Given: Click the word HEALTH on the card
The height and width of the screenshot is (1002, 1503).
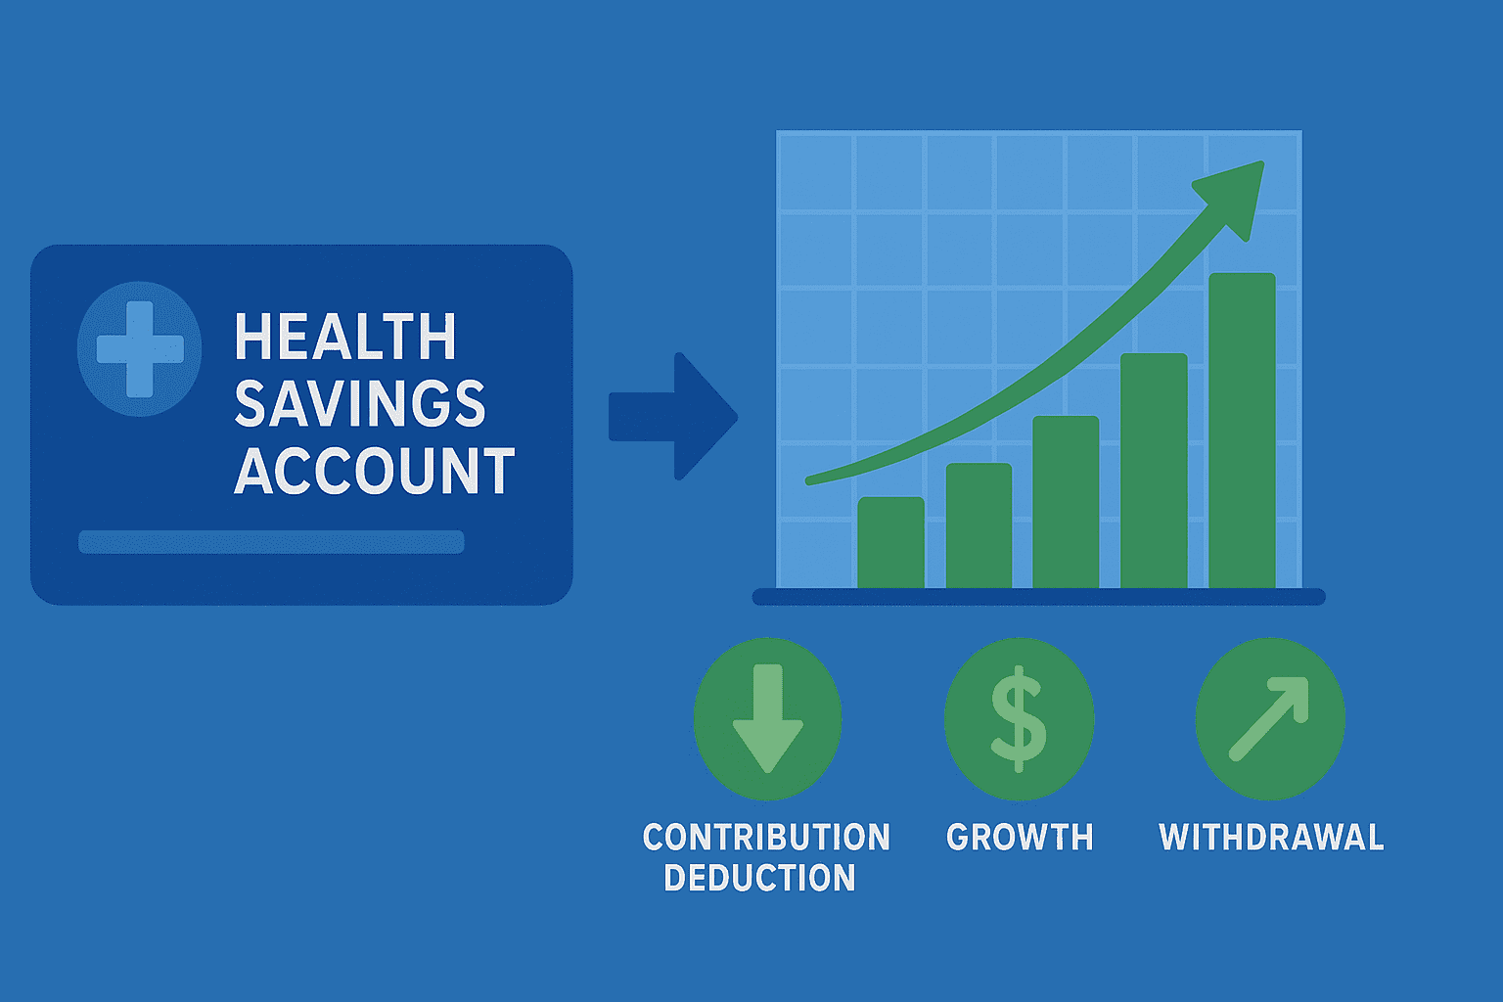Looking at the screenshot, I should [345, 338].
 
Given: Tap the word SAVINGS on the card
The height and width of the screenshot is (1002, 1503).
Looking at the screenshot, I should [359, 404].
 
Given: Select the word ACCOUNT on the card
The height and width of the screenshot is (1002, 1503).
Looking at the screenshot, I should [374, 472].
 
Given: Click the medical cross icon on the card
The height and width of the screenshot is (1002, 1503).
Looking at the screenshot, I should [140, 349].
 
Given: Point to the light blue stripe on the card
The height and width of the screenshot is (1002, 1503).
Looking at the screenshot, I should [271, 542].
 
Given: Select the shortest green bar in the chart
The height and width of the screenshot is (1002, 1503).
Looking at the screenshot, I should [890, 543].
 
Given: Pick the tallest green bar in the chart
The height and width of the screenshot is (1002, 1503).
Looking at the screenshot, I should [1242, 431].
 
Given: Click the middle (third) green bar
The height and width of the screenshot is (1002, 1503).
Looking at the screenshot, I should [1066, 502].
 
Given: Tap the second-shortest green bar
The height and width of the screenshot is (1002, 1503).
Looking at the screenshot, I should [979, 525].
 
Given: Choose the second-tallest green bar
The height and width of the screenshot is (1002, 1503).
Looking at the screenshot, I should [1154, 471].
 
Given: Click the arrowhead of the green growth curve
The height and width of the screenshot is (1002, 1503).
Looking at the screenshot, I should [1235, 195].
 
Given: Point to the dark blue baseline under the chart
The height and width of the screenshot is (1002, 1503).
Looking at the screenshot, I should [1038, 597].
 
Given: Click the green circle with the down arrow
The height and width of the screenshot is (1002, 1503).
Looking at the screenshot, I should [767, 719].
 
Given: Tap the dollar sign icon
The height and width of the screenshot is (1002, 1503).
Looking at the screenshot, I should [1019, 719].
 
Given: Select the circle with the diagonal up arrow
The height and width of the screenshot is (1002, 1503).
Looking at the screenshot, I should [1270, 719].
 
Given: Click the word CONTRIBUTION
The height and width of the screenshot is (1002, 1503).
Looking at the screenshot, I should [766, 838].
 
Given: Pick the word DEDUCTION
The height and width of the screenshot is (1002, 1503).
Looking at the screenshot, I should [759, 879].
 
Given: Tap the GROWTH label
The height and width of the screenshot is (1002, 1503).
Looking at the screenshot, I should [1020, 838].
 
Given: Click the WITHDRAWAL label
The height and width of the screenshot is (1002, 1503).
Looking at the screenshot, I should [1271, 838].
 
